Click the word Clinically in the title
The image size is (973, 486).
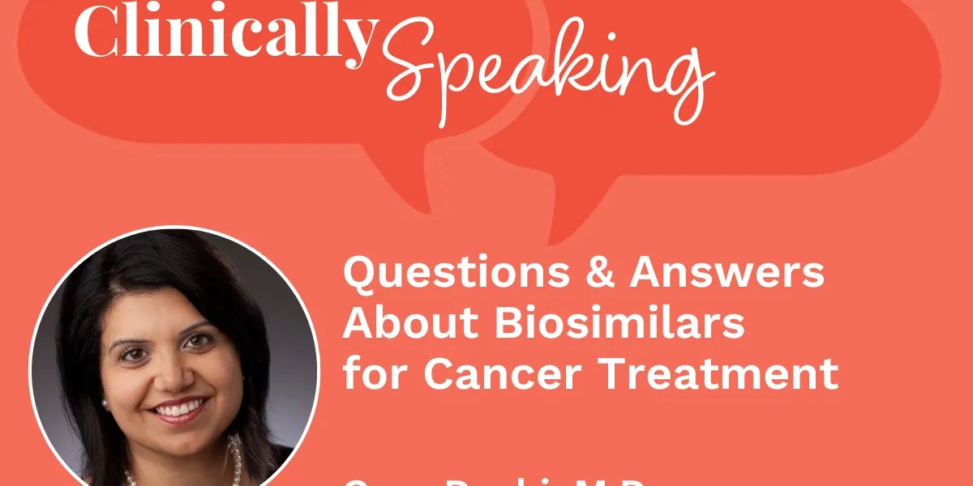(x=225, y=34)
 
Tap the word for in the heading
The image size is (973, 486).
(x=373, y=373)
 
